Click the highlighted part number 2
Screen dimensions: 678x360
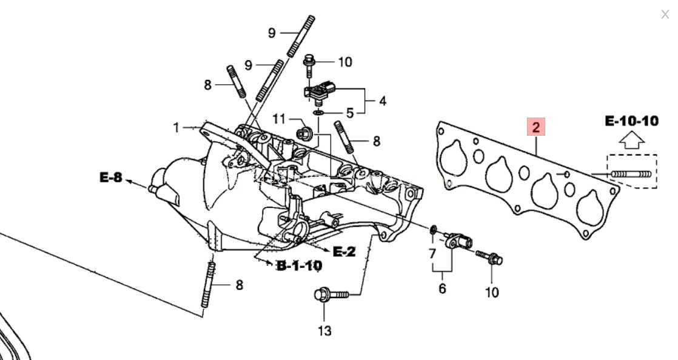tap(535, 127)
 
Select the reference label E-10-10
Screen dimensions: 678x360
tap(632, 121)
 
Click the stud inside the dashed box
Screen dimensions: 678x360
tap(631, 174)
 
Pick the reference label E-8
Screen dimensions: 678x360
tap(111, 177)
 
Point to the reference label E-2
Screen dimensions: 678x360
tap(344, 251)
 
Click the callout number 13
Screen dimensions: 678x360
tap(324, 331)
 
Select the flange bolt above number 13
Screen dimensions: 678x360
tap(331, 295)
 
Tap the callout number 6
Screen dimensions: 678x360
tap(442, 288)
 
